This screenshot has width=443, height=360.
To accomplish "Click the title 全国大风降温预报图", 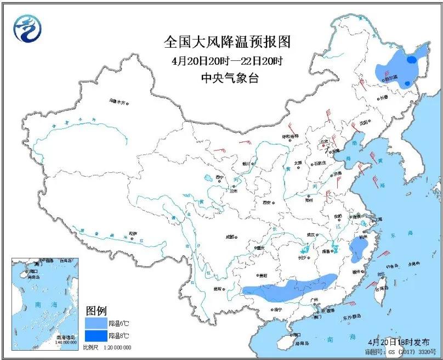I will [x=227, y=42].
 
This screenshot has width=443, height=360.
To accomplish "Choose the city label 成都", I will [x=229, y=237].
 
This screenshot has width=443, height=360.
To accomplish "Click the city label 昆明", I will [x=218, y=288].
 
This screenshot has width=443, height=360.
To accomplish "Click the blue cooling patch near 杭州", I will [x=359, y=250].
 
